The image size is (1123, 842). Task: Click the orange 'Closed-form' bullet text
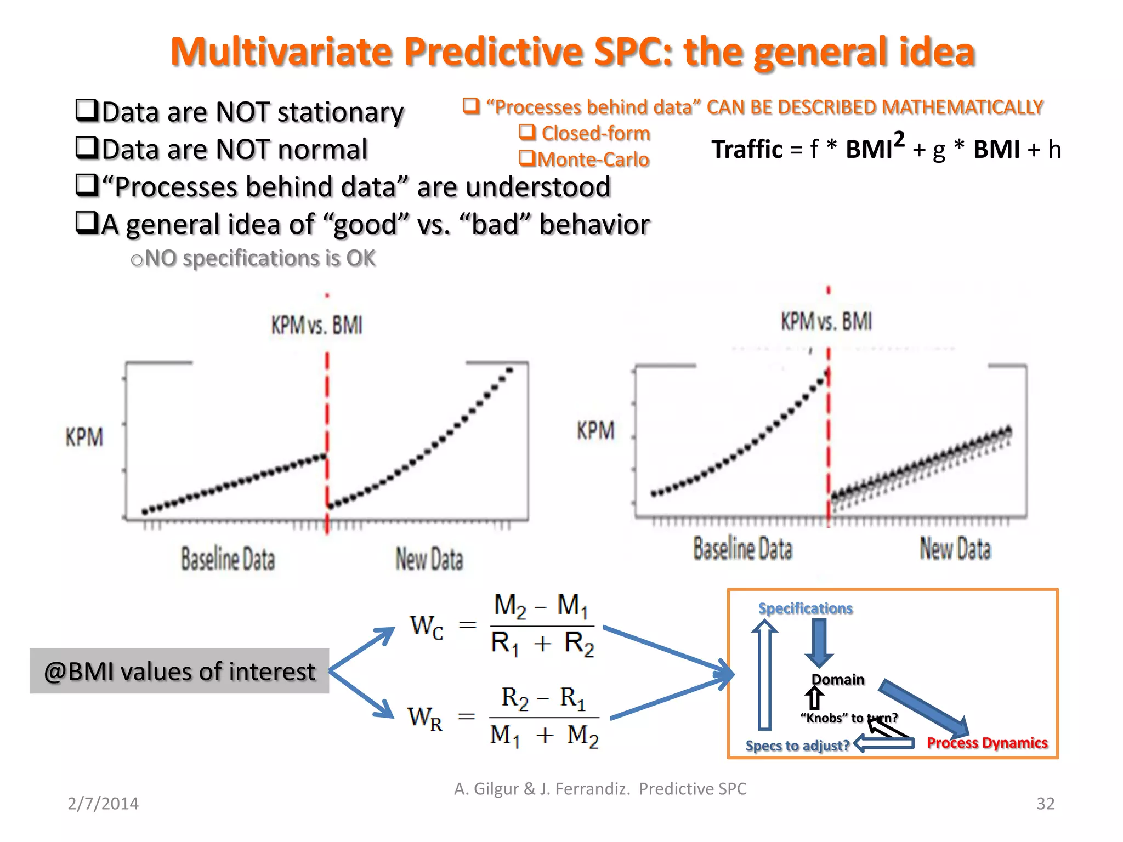(595, 133)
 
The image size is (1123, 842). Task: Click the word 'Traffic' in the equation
(747, 150)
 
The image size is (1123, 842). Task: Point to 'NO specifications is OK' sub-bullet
(260, 258)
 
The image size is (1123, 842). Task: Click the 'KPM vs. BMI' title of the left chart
(317, 326)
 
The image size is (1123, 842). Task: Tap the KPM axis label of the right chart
(595, 431)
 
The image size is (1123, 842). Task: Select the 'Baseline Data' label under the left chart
(228, 559)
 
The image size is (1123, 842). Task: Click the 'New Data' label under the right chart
(955, 549)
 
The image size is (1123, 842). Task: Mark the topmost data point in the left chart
(509, 371)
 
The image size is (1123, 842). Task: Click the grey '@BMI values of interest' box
(179, 671)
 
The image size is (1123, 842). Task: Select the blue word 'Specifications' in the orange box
(805, 608)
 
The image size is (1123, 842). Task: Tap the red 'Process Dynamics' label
(987, 743)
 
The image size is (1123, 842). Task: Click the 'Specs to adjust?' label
(797, 746)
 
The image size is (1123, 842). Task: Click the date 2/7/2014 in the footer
(103, 804)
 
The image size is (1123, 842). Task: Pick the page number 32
(1045, 804)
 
